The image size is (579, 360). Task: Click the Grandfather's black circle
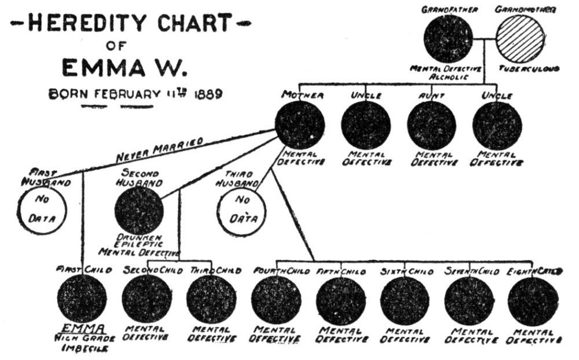click(x=448, y=39)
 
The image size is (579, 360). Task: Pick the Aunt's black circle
click(x=431, y=125)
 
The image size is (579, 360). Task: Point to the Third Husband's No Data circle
click(x=241, y=211)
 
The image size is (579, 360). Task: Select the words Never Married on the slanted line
click(x=159, y=150)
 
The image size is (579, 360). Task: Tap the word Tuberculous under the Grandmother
click(x=529, y=69)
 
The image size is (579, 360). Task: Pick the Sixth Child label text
click(x=404, y=270)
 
